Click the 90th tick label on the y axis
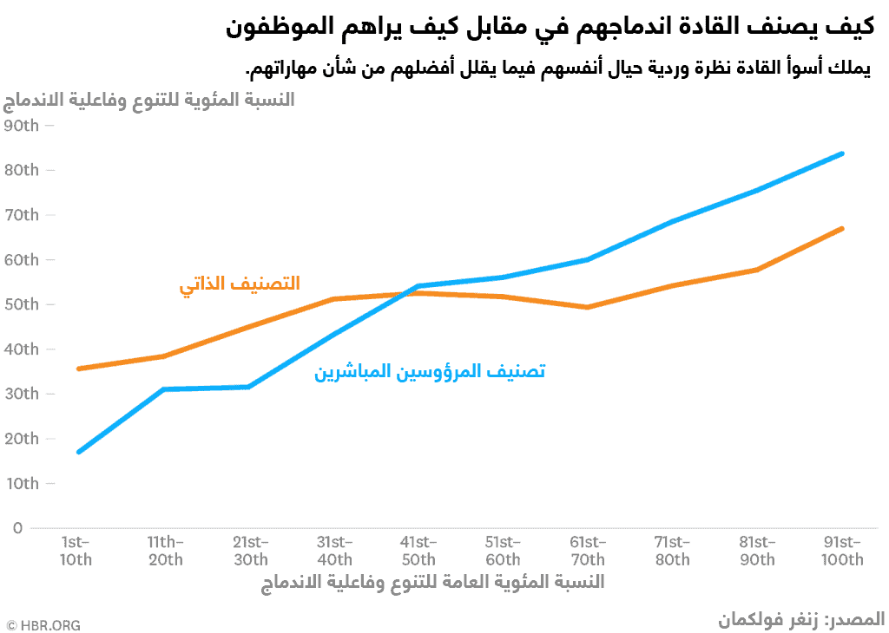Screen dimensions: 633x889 click(x=21, y=126)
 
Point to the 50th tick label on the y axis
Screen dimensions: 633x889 click(x=21, y=304)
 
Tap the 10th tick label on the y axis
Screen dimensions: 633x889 click(x=21, y=483)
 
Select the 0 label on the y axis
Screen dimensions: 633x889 click(x=16, y=527)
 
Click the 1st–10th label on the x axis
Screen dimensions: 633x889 click(x=76, y=551)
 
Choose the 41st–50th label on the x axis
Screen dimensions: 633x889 click(x=418, y=551)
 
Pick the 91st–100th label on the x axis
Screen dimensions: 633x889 click(x=842, y=551)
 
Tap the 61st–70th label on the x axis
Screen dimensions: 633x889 click(x=588, y=551)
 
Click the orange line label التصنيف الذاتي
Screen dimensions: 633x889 click(x=240, y=284)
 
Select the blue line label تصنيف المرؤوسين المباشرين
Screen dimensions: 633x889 click(x=430, y=372)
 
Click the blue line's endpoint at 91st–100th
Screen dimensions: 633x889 click(x=842, y=153)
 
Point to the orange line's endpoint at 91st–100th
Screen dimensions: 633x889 click(x=842, y=229)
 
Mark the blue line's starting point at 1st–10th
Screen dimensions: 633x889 click(x=78, y=452)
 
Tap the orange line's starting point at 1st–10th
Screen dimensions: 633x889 click(x=78, y=369)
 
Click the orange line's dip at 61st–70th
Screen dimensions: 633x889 click(x=588, y=307)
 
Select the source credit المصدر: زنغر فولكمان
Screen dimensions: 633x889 click(x=801, y=620)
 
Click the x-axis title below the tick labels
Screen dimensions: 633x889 click(x=432, y=582)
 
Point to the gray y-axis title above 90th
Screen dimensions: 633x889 click(x=149, y=101)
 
